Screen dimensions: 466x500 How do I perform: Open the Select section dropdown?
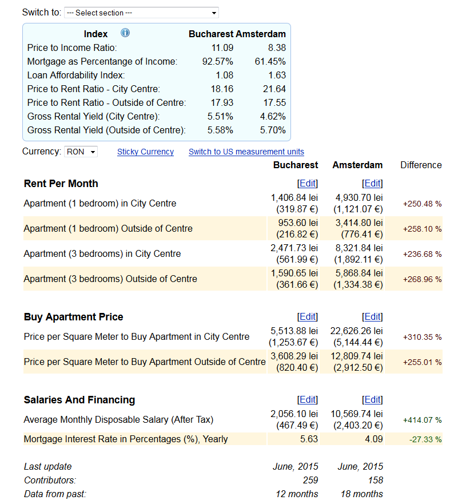pyautogui.click(x=141, y=13)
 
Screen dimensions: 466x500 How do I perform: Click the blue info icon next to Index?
pyautogui.click(x=125, y=33)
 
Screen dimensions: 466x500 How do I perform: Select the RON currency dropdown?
pyautogui.click(x=81, y=152)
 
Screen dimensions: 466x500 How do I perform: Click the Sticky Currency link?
pyautogui.click(x=145, y=152)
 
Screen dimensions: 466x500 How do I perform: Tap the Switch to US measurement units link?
pyautogui.click(x=246, y=152)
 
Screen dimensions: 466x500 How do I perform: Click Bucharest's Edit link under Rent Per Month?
pyautogui.click(x=308, y=184)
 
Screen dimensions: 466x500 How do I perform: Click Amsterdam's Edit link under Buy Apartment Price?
pyautogui.click(x=372, y=316)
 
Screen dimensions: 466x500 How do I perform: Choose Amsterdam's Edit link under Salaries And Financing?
pyautogui.click(x=372, y=399)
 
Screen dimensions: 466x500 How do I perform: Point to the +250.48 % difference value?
pyautogui.click(x=423, y=204)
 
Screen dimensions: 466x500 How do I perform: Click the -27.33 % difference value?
pyautogui.click(x=425, y=439)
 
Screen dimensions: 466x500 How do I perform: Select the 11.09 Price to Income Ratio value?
pyautogui.click(x=222, y=48)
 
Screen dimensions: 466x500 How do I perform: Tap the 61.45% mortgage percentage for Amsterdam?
pyautogui.click(x=270, y=62)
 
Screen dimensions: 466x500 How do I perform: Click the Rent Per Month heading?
pyautogui.click(x=61, y=184)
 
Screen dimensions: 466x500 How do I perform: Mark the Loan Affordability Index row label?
pyautogui.click(x=76, y=76)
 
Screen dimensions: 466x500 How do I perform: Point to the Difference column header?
pyautogui.click(x=421, y=165)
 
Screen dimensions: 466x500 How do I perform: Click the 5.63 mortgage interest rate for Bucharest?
pyautogui.click(x=309, y=439)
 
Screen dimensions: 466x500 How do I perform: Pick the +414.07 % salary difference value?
pyautogui.click(x=423, y=420)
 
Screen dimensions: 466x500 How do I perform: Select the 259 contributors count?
pyautogui.click(x=310, y=480)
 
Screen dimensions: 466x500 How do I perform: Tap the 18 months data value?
pyautogui.click(x=362, y=494)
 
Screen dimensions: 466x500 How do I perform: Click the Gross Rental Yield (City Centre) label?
pyautogui.click(x=93, y=117)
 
